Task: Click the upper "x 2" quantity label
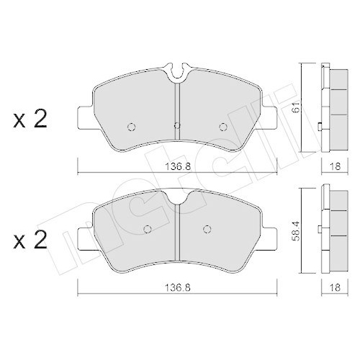pos(31,120)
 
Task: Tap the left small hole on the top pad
pos(130,126)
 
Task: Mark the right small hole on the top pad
pos(222,126)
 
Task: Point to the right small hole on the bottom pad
pos(206,230)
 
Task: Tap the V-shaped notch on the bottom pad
pos(176,197)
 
